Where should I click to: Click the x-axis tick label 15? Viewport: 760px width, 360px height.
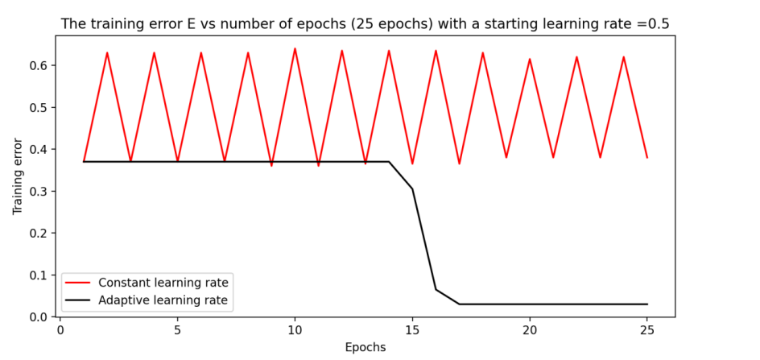(412, 330)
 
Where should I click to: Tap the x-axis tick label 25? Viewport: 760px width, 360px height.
(647, 330)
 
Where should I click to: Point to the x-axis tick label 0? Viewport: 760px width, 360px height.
(60, 330)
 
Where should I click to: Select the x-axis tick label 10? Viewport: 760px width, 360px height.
(295, 330)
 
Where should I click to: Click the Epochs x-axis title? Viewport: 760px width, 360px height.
(365, 347)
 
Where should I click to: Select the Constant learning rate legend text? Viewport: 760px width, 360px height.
(163, 283)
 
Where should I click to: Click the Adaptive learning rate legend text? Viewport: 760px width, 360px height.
(163, 300)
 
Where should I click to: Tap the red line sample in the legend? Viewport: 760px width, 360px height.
(80, 283)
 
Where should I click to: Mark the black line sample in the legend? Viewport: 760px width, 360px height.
(80, 300)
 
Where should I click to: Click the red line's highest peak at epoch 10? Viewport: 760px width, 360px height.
(295, 48)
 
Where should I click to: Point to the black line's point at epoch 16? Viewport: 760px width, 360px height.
(436, 289)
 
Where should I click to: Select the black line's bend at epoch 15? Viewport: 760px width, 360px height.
(412, 188)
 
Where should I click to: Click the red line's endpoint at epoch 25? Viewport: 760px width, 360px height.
(647, 157)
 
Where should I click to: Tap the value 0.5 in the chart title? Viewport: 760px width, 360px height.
(659, 24)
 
